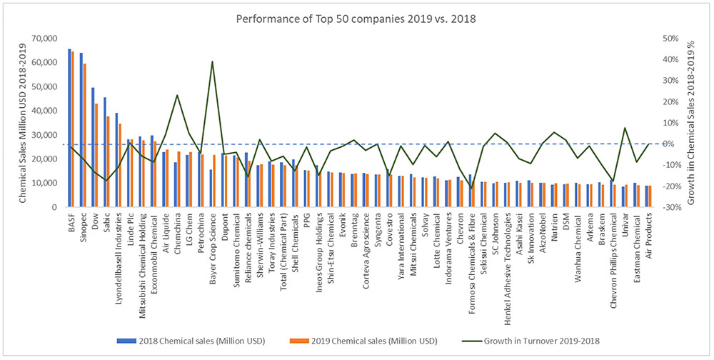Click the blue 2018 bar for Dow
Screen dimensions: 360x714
click(93, 147)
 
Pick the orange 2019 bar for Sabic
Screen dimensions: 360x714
click(108, 161)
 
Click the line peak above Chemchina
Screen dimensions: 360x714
click(177, 95)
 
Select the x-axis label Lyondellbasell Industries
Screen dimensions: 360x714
click(118, 256)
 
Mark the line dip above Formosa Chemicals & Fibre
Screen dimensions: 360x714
click(471, 188)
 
